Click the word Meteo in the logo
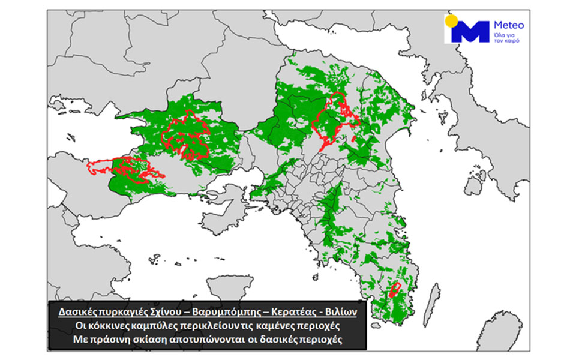coord(508,25)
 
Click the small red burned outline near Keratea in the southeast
coord(395,290)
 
